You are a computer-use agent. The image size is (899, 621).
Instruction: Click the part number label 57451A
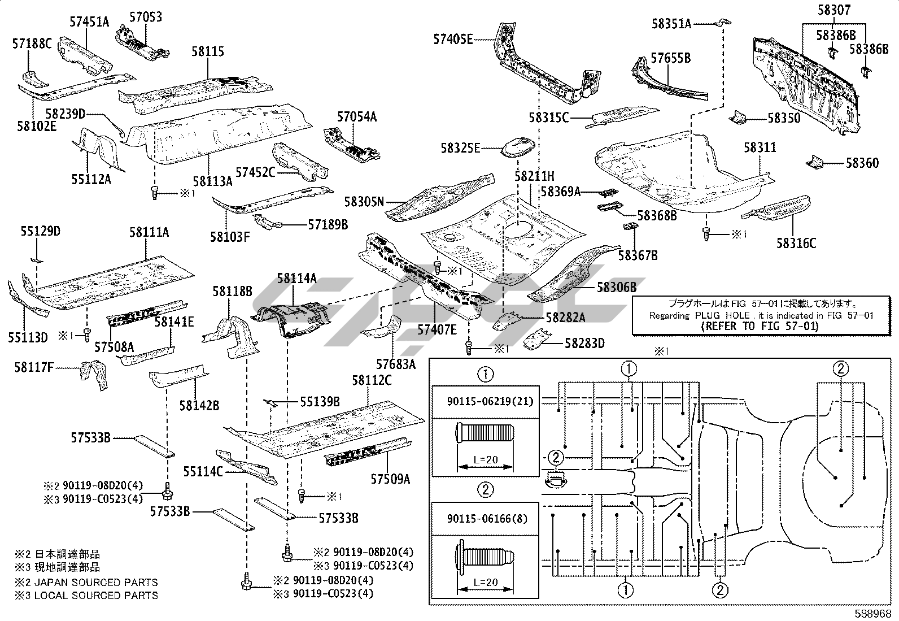[x=89, y=22]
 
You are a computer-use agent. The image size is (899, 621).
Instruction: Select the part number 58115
[x=207, y=52]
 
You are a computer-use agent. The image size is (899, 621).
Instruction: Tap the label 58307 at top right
[x=834, y=10]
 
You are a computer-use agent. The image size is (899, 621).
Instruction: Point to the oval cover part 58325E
[x=519, y=147]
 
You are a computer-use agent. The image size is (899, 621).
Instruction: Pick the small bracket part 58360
[x=814, y=163]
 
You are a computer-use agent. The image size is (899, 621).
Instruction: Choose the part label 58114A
[x=296, y=278]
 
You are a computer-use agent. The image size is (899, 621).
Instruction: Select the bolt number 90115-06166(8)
[x=487, y=518]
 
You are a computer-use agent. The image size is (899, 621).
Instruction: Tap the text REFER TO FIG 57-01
[x=759, y=326]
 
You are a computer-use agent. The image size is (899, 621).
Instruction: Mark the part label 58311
[x=760, y=148]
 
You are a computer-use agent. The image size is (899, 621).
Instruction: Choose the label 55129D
[x=41, y=232]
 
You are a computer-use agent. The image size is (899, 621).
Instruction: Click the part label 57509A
[x=390, y=480]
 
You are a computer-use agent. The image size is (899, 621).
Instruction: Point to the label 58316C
[x=796, y=244]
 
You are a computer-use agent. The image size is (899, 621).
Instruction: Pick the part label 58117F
[x=34, y=368]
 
